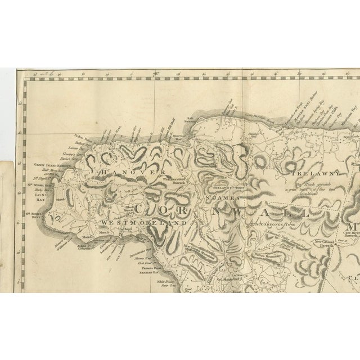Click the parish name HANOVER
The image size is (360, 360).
133,173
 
